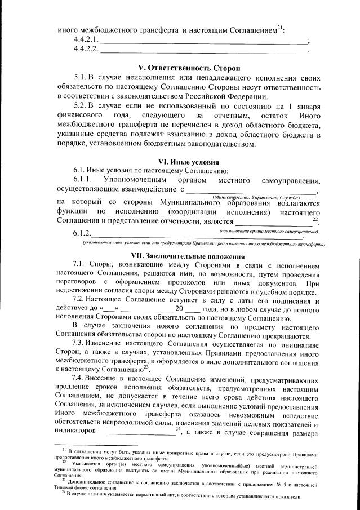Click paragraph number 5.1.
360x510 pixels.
pos(82,77)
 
